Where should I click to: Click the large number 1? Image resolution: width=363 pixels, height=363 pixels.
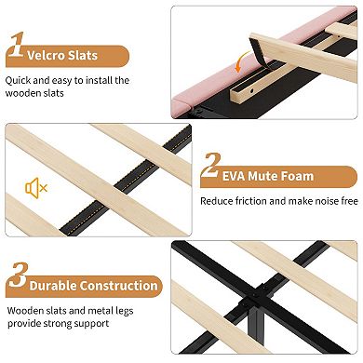17,45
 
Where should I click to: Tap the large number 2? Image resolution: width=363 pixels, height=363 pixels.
211,165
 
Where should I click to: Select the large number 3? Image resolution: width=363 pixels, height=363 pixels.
19,275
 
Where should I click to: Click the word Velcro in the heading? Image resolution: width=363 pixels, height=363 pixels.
46,56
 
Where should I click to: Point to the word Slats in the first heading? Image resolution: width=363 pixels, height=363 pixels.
83,56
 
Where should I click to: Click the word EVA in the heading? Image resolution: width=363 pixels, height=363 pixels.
234,176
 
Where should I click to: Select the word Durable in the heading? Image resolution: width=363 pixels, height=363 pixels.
53,286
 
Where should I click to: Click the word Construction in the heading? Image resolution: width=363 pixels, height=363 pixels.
119,286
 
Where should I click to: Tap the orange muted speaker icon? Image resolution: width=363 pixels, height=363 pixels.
36,188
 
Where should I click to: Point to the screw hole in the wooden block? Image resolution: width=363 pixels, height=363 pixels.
252,91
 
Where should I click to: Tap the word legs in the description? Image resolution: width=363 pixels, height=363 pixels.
125,311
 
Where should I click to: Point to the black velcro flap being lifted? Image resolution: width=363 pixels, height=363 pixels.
259,50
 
